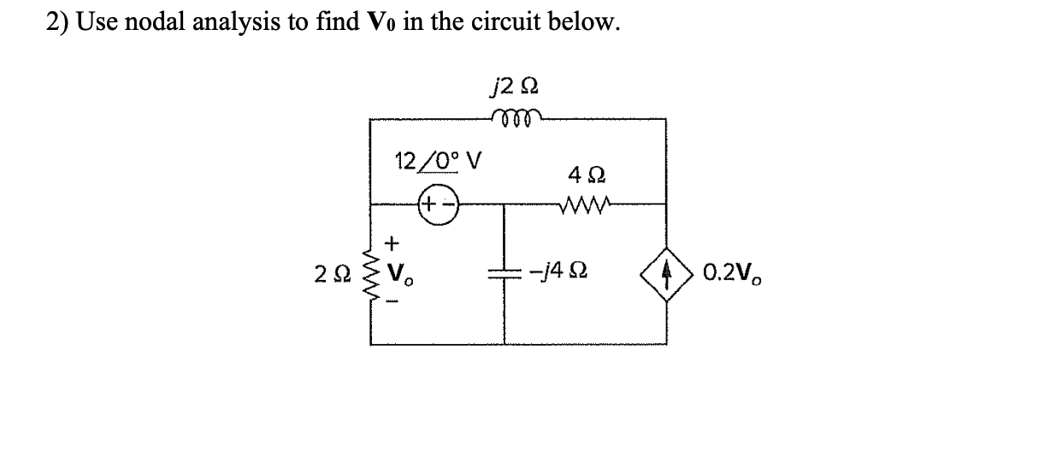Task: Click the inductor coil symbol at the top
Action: tap(517, 117)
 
